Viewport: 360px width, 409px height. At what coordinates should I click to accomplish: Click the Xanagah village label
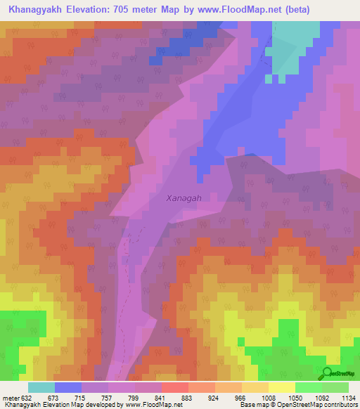click(184, 198)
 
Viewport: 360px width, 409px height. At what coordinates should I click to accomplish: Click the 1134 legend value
click(347, 398)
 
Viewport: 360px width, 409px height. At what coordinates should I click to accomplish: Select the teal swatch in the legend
click(41, 387)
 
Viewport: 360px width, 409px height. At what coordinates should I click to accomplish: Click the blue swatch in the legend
click(67, 387)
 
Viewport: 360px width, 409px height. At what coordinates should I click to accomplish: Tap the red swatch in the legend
click(174, 387)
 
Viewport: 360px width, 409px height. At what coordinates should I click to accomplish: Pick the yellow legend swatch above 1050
click(281, 387)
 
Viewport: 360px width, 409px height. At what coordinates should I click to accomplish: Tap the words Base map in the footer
click(250, 405)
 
